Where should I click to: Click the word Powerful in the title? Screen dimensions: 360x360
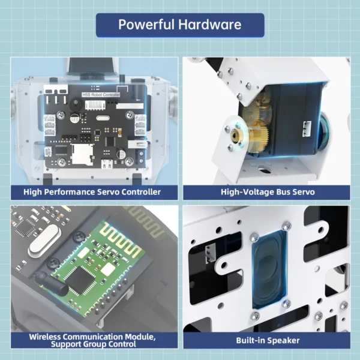146,25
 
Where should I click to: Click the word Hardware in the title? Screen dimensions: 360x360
210,25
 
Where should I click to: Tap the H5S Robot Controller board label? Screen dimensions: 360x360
101,95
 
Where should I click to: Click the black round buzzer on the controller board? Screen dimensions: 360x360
76,104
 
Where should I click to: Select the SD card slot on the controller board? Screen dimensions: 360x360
82,154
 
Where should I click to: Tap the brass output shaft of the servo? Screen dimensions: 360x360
236,136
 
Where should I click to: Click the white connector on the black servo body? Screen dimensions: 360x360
307,129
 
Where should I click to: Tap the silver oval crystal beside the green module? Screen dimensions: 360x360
44,241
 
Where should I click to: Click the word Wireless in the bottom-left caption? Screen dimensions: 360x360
45,337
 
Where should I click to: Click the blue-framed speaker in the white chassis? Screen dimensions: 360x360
269,269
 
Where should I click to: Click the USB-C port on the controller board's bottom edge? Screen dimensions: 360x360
107,163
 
